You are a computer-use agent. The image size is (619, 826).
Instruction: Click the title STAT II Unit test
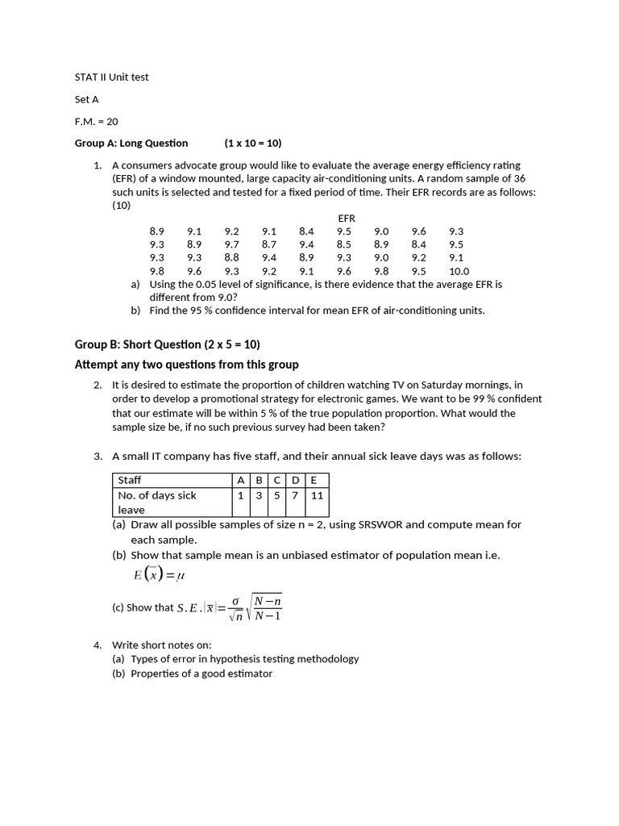(111, 77)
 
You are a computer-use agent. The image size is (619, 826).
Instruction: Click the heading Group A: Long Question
(131, 143)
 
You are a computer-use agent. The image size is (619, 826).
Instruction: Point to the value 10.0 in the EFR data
(459, 271)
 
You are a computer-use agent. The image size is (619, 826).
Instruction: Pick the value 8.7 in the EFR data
(269, 244)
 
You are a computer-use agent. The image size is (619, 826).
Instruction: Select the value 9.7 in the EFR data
(232, 244)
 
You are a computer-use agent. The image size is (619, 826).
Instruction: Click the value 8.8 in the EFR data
(232, 257)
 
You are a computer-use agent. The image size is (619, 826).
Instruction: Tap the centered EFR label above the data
(347, 218)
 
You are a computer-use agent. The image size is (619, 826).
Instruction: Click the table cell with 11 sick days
(317, 495)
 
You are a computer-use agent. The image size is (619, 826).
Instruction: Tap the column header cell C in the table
(276, 480)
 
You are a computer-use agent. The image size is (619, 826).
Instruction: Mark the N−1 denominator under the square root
(268, 616)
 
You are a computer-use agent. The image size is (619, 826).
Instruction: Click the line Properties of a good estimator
(201, 674)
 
